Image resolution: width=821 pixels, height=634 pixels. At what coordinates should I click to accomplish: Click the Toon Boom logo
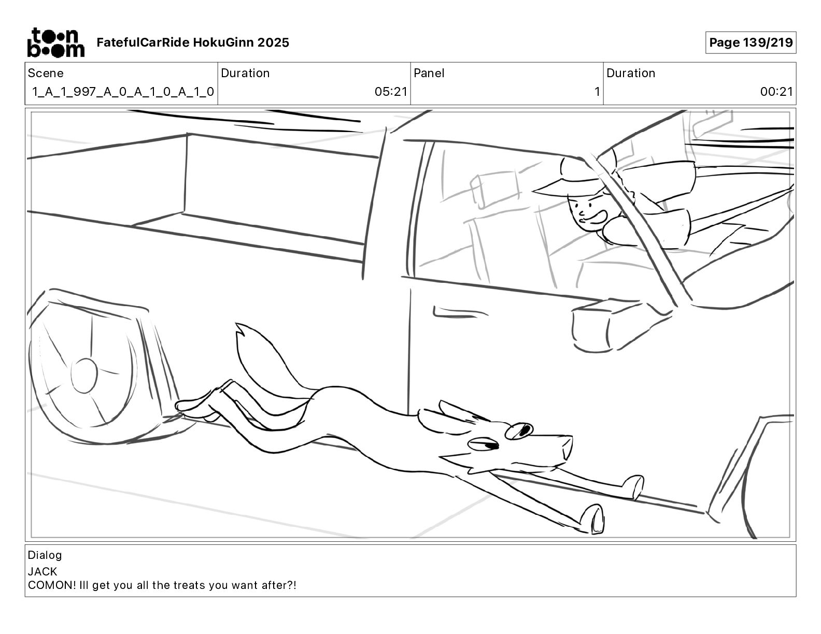click(x=55, y=42)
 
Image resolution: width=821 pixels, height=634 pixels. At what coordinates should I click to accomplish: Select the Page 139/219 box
click(x=750, y=42)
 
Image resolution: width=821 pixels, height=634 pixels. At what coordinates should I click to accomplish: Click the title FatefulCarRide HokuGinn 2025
click(x=193, y=42)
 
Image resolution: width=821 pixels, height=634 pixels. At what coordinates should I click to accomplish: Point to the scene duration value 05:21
click(x=391, y=92)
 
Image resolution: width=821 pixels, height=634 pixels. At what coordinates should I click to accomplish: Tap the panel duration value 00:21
click(x=776, y=92)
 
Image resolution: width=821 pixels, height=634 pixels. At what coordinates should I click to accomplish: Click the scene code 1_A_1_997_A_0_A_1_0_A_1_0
click(x=123, y=92)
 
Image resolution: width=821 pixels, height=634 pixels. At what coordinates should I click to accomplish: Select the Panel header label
click(x=429, y=73)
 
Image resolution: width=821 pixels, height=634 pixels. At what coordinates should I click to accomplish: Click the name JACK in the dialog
click(x=43, y=572)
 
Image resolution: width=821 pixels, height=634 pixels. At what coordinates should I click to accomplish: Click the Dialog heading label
click(x=45, y=555)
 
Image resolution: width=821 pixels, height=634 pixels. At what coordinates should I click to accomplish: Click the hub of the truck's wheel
click(x=83, y=375)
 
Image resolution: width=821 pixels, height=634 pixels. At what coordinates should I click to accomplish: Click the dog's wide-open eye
click(x=520, y=430)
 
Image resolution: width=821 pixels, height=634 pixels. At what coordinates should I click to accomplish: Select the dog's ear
click(x=456, y=412)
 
